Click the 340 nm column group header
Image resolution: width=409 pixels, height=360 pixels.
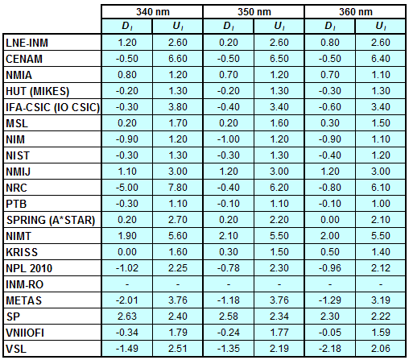153,12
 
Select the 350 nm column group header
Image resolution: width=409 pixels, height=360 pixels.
254,12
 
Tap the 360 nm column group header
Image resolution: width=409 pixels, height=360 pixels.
356,12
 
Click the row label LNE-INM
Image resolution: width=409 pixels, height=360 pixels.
27,43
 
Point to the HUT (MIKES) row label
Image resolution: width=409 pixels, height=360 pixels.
38,91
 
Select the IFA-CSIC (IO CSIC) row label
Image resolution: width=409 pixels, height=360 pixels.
52,107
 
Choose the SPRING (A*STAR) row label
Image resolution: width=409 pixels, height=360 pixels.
51,220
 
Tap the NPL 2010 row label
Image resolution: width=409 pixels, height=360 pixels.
29,268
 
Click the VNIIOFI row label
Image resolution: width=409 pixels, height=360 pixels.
25,333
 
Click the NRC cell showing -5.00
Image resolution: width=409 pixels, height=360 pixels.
127,188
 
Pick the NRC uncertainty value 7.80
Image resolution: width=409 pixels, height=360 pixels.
178,188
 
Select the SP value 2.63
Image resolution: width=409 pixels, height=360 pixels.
127,317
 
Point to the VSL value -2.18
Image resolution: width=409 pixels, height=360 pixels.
330,349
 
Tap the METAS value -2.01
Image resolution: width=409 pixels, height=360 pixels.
127,300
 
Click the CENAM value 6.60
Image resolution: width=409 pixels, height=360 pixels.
178,59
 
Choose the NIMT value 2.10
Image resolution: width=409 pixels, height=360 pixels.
229,236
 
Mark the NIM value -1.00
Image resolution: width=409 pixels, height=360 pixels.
229,139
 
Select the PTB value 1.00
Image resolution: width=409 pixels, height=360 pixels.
381,204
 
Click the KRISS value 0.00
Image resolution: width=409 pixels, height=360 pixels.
127,252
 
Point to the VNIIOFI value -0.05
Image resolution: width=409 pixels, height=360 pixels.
330,333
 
